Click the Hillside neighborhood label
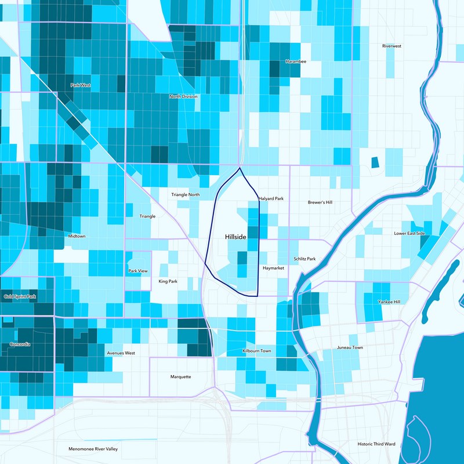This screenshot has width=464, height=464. coord(235,238)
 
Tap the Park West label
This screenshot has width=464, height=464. coord(81,85)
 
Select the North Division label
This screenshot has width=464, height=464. coord(183,96)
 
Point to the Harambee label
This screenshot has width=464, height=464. coord(296,61)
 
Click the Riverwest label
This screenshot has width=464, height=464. coord(392,46)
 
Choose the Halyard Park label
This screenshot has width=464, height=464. coord(271,199)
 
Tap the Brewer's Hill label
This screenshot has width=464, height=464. coord(320,202)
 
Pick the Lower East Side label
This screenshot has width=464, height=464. coord(409,233)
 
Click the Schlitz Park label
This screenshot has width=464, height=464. coord(304,259)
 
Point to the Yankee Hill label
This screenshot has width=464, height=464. coord(389,302)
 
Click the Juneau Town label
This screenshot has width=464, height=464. coord(350,347)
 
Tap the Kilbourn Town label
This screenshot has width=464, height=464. coord(256,351)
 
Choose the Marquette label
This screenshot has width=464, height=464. coord(180,376)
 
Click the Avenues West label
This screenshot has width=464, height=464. coord(121,353)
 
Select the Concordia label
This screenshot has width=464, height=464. coord(20,345)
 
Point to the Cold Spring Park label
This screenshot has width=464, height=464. coord(20,296)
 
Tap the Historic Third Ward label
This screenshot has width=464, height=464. coord(376,444)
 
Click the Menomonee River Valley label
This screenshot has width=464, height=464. coord(93,449)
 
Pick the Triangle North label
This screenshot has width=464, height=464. coord(186,195)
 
